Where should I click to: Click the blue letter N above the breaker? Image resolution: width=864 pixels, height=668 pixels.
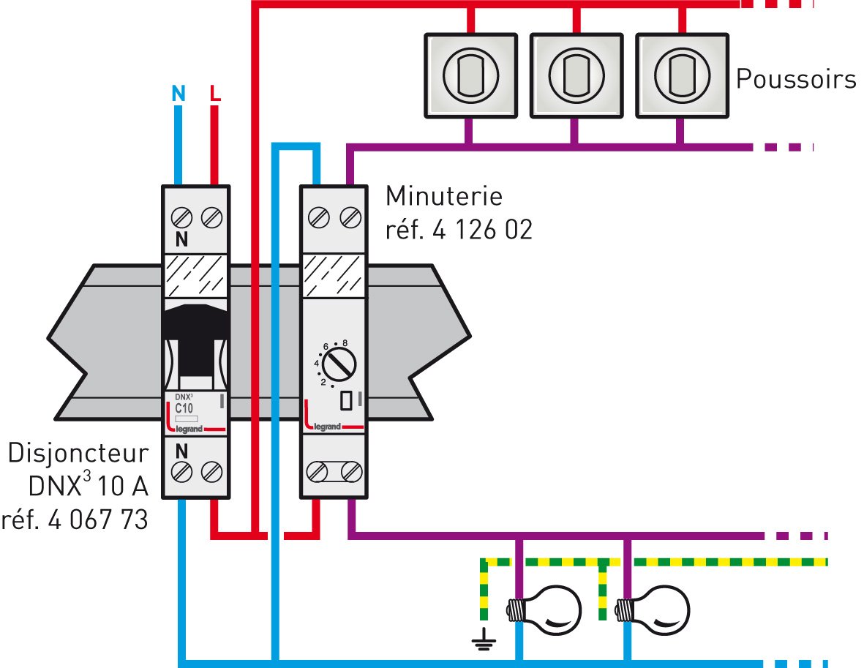178,94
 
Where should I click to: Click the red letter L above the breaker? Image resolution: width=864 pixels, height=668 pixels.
214,94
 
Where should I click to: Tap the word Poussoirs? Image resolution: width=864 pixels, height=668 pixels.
796,78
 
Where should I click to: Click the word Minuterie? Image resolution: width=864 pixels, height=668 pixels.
444,196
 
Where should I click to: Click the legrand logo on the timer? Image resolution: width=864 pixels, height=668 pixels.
327,427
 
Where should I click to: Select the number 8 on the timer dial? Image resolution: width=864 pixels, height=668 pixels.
344,342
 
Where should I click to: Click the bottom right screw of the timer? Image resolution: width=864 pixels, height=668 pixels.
352,470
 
